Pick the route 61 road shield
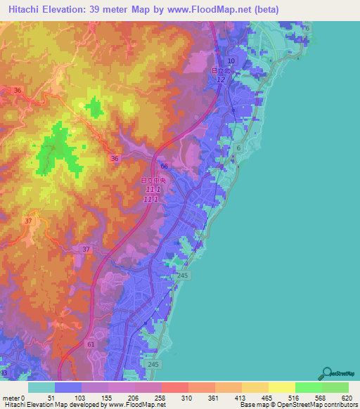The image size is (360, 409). (x=91, y=344)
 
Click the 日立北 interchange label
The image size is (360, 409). (x=220, y=71)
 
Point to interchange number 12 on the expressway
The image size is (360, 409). (x=221, y=79)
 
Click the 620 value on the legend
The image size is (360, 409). (x=347, y=397)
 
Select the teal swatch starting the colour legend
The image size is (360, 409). (x=41, y=387)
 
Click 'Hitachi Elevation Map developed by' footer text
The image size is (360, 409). (x=42, y=405)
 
